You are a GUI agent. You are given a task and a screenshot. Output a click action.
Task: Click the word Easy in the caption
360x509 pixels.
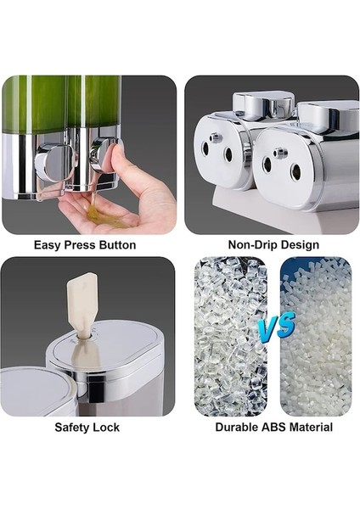[48, 245]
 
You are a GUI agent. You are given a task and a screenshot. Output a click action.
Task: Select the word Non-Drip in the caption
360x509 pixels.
[250, 245]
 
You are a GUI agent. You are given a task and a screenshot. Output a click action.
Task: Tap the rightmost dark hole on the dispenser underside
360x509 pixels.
[296, 171]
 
